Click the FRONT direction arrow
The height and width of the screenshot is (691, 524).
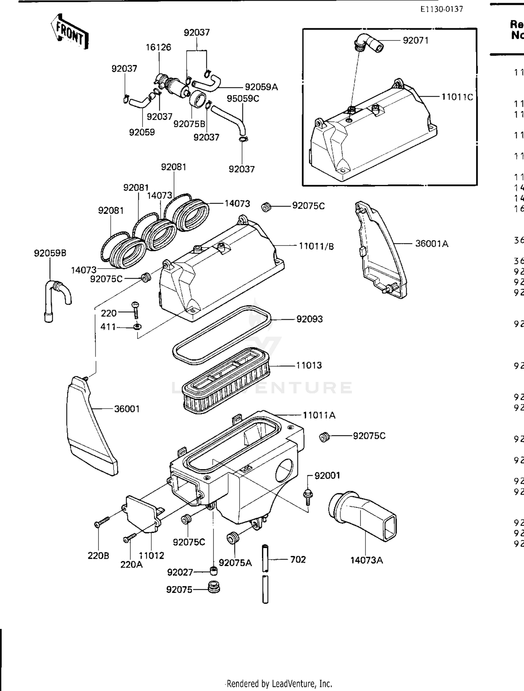[x=70, y=32]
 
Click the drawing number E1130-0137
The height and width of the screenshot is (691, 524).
[x=442, y=9]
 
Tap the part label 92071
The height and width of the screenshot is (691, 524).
[x=415, y=40]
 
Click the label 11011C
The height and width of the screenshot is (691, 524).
[x=457, y=97]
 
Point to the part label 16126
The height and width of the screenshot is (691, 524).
[x=158, y=47]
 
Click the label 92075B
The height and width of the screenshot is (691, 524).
[x=189, y=124]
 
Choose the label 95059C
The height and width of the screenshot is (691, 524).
[x=243, y=99]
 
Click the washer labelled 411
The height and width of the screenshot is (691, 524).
[x=138, y=327]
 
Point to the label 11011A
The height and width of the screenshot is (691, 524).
[x=319, y=415]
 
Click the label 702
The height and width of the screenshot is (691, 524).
[x=298, y=559]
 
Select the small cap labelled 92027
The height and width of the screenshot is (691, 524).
[x=214, y=571]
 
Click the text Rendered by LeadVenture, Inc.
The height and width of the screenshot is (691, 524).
[x=279, y=683]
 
